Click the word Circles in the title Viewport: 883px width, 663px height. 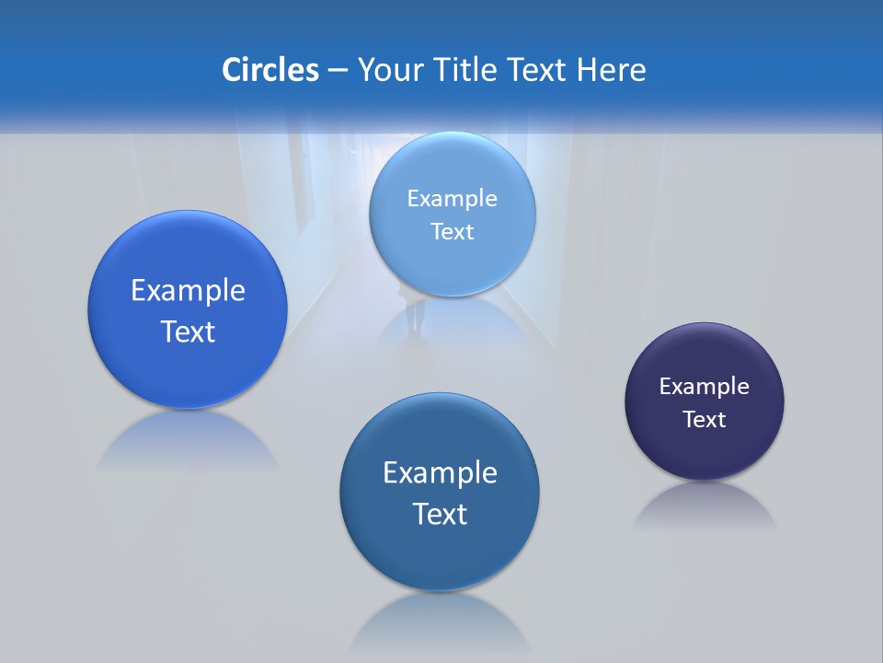(270, 70)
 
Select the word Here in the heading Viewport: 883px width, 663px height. (611, 70)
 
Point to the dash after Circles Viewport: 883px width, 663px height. (338, 70)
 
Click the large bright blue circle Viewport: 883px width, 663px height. (188, 309)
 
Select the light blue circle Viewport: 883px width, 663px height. (453, 215)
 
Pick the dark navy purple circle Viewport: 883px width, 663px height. (705, 401)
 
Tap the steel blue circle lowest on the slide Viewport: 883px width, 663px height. (440, 492)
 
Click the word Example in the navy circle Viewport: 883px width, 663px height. (705, 387)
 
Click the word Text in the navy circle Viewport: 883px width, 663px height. (705, 420)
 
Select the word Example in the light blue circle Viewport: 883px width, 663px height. (453, 199)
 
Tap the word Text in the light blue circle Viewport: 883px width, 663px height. (453, 232)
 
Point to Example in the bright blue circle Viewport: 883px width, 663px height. (188, 291)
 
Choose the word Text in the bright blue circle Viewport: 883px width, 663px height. (188, 331)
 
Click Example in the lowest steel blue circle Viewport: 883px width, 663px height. (440, 473)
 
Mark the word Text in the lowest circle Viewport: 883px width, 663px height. (440, 514)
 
